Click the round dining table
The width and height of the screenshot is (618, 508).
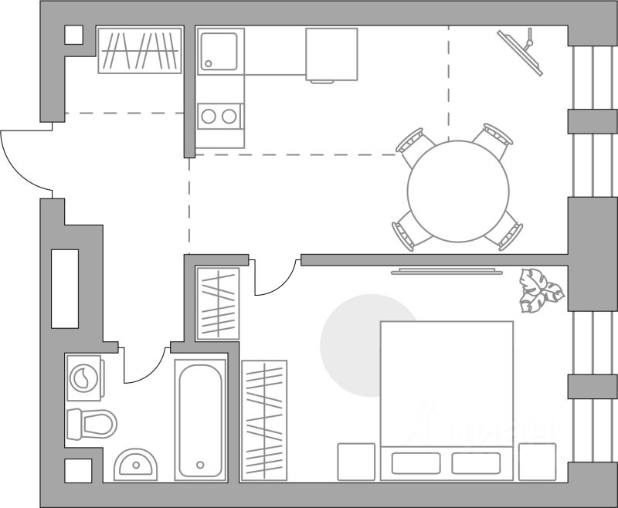(458, 191)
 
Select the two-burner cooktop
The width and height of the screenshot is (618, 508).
(219, 117)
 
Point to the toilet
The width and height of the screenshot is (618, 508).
(90, 423)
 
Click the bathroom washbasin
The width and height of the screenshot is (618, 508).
(136, 465)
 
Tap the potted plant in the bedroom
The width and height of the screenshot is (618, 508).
(540, 290)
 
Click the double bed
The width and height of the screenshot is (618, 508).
(447, 386)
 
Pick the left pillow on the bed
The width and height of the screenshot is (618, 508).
(416, 462)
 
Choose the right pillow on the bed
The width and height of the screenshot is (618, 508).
(476, 462)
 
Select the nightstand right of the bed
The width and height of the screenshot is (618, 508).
(537, 462)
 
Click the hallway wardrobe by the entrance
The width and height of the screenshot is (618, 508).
(140, 50)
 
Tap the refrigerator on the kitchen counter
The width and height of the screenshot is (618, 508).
(331, 53)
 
